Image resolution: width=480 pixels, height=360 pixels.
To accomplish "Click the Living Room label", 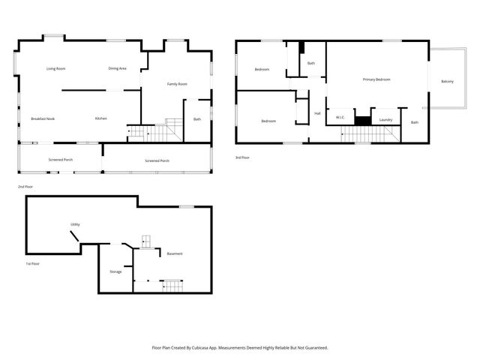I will pyautogui.click(x=56, y=69).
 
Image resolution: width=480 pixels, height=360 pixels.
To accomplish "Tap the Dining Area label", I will pyautogui.click(x=117, y=69).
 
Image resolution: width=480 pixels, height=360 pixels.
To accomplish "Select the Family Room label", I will pyautogui.click(x=177, y=84).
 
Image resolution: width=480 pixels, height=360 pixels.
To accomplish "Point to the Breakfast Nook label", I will pyautogui.click(x=43, y=119).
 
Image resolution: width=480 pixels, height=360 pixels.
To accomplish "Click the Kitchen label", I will pyautogui.click(x=100, y=119).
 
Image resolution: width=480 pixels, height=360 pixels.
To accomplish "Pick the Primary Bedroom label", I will pyautogui.click(x=376, y=79).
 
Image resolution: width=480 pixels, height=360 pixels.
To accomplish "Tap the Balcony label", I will pyautogui.click(x=447, y=81).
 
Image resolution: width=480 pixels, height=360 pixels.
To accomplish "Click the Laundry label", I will pyautogui.click(x=386, y=119).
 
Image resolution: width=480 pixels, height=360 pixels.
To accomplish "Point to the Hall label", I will pyautogui.click(x=317, y=113).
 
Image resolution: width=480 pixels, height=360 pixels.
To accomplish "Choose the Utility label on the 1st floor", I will pyautogui.click(x=75, y=224).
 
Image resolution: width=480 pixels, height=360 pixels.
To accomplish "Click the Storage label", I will pyautogui.click(x=115, y=271).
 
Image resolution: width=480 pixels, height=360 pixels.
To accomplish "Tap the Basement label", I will pyautogui.click(x=175, y=253).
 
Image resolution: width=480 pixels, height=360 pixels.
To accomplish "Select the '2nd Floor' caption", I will pyautogui.click(x=25, y=186).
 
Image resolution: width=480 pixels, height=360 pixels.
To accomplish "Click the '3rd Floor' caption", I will pyautogui.click(x=242, y=157).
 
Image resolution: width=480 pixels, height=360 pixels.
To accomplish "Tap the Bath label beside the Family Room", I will pyautogui.click(x=197, y=119).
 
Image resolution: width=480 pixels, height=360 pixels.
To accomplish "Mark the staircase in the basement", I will pyautogui.click(x=173, y=285).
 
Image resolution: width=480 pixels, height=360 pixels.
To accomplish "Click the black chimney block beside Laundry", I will pyautogui.click(x=363, y=120).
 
